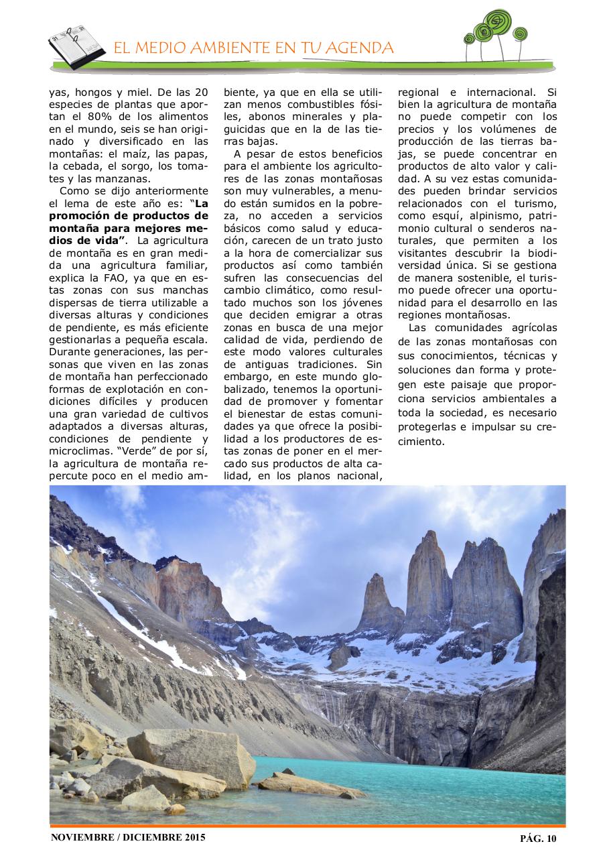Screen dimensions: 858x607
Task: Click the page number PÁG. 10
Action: [x=538, y=838]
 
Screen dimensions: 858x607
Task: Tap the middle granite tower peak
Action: [x=429, y=576]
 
